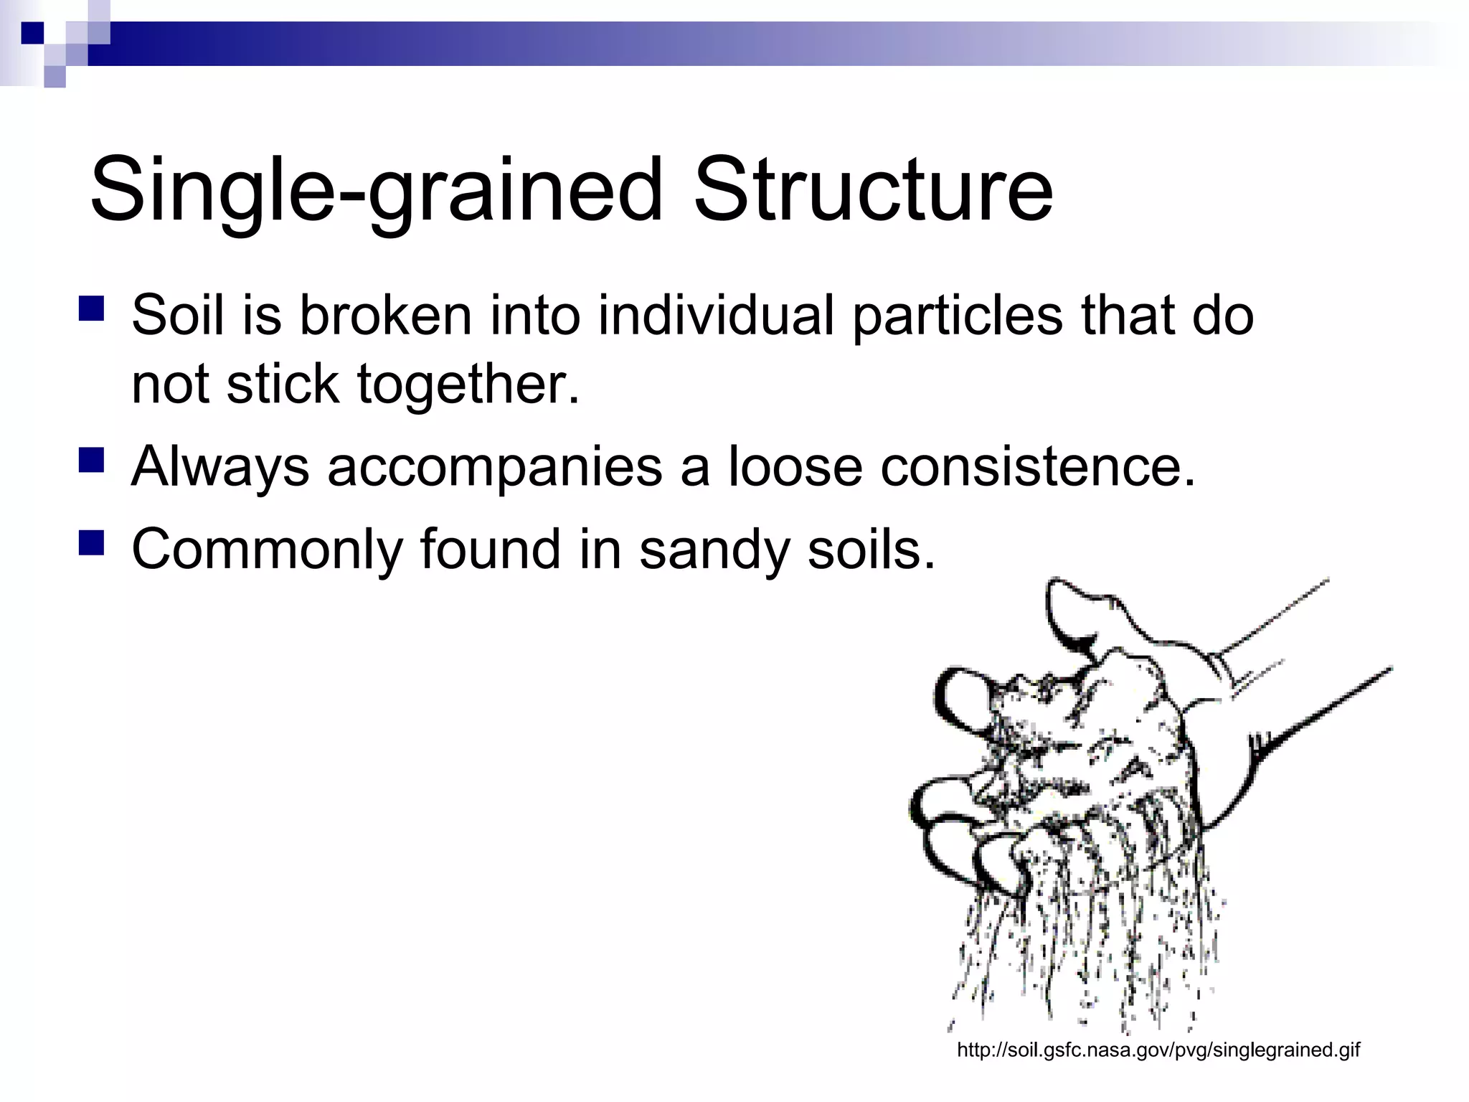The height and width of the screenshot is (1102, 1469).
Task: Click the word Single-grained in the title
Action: [x=376, y=191]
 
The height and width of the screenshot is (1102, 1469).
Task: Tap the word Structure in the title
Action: [x=873, y=191]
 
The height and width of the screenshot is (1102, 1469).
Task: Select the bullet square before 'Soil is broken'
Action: [x=92, y=309]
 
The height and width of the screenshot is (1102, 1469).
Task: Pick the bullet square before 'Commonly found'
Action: [x=92, y=543]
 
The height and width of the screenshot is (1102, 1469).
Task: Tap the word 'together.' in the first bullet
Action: [x=468, y=385]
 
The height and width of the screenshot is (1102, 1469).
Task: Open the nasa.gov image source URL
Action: [x=1158, y=1050]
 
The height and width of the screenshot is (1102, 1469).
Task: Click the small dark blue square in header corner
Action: [x=32, y=32]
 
